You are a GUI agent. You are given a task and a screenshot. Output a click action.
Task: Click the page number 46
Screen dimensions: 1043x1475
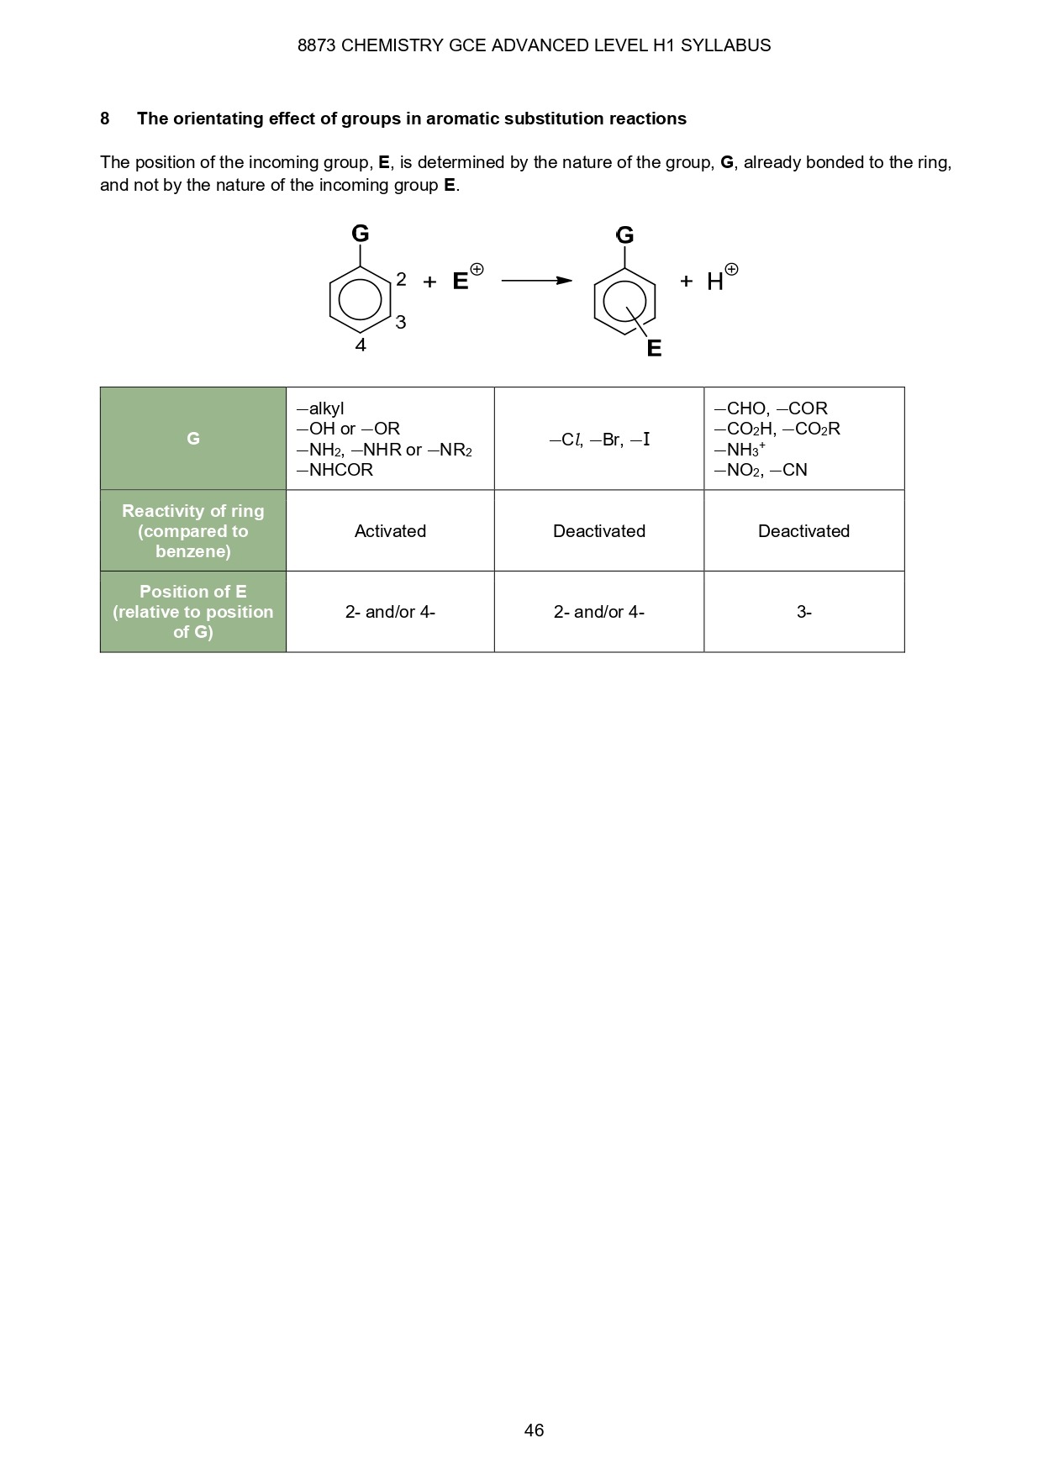[534, 1430]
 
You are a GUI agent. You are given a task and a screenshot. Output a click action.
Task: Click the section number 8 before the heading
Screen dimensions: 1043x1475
[105, 119]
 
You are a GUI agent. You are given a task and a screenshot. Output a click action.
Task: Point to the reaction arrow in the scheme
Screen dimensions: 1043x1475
[536, 281]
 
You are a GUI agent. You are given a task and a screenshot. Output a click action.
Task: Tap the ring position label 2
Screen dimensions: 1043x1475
[401, 279]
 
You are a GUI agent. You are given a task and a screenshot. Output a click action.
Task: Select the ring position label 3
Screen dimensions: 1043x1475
[401, 322]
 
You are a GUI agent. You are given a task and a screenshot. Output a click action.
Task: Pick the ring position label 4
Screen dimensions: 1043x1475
[361, 345]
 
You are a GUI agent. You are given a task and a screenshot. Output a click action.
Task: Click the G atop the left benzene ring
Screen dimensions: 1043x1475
[361, 233]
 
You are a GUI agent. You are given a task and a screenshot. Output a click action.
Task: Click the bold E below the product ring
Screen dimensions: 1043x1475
[654, 348]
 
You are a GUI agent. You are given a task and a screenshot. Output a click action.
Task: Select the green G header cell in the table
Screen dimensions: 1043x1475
[193, 439]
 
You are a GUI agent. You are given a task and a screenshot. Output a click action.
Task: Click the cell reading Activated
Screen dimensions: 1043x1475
[390, 531]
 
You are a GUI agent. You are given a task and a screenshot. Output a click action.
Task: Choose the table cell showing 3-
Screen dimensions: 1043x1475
[804, 612]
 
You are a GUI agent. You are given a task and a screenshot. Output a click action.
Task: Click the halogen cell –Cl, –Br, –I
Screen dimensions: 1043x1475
[599, 440]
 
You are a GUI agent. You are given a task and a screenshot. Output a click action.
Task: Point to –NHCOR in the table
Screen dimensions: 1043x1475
[334, 470]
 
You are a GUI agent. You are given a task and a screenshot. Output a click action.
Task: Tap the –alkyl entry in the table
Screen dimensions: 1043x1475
[320, 408]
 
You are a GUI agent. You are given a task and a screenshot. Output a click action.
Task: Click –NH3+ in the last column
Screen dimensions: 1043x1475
[740, 450]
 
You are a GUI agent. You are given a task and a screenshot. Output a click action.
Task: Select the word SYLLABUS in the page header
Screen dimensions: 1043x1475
[725, 45]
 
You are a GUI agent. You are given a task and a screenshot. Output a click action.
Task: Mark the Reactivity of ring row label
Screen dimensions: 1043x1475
[193, 531]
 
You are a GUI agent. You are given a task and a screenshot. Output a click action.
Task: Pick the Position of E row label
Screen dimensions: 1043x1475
[193, 612]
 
